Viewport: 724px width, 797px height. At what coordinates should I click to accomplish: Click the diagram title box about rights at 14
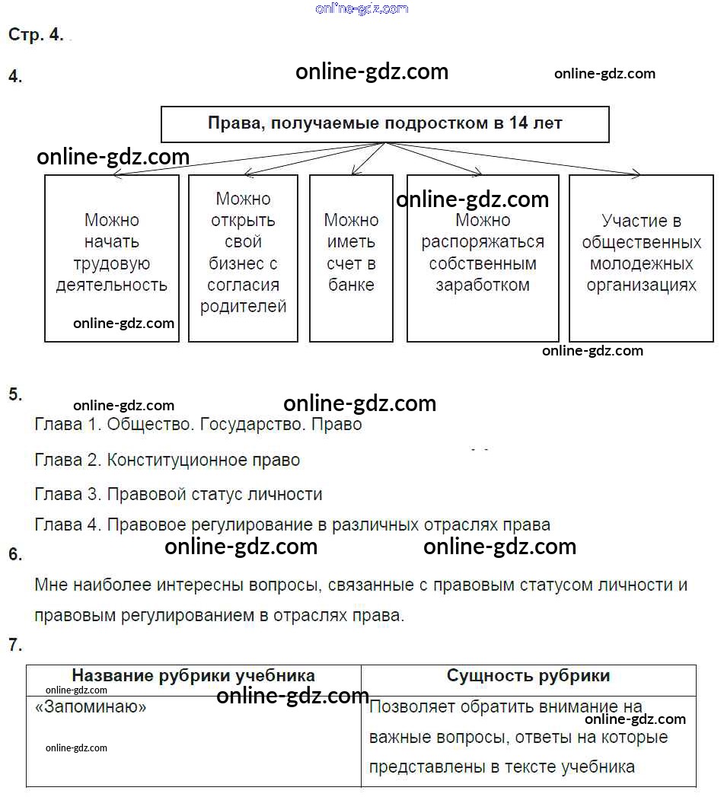(x=384, y=124)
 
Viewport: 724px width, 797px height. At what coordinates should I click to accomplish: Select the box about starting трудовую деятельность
(x=112, y=257)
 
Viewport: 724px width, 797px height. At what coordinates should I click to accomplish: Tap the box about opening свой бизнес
(x=243, y=257)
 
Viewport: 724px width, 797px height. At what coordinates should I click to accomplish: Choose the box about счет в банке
(x=351, y=257)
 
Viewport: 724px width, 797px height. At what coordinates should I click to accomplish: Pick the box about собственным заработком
(x=483, y=257)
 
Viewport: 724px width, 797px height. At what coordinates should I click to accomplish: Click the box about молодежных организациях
(x=641, y=257)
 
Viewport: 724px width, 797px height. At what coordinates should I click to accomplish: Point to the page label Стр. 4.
(x=36, y=35)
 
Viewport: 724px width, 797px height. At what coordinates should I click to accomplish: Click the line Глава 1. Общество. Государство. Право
(x=198, y=425)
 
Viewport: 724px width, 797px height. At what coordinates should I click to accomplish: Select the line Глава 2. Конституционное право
(x=167, y=460)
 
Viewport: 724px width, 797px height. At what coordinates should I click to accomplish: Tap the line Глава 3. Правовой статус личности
(x=179, y=494)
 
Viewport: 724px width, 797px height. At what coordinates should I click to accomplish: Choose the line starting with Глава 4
(x=292, y=525)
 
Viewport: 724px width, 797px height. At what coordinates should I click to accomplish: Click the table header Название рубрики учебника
(x=193, y=676)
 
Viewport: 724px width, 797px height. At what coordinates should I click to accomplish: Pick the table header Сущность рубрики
(x=528, y=676)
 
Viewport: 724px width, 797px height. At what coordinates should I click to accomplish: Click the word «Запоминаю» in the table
(x=91, y=707)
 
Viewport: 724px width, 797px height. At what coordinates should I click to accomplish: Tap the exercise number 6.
(x=15, y=554)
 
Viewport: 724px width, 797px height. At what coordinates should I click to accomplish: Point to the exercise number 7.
(x=15, y=646)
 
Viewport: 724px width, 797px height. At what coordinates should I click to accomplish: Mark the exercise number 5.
(x=15, y=394)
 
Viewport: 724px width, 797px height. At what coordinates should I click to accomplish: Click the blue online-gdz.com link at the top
(x=362, y=8)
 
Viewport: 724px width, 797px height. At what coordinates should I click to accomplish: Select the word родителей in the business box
(x=243, y=307)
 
